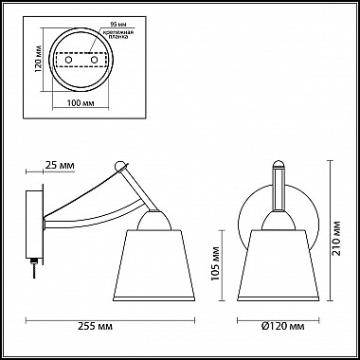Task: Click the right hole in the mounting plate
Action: click(x=94, y=59)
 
